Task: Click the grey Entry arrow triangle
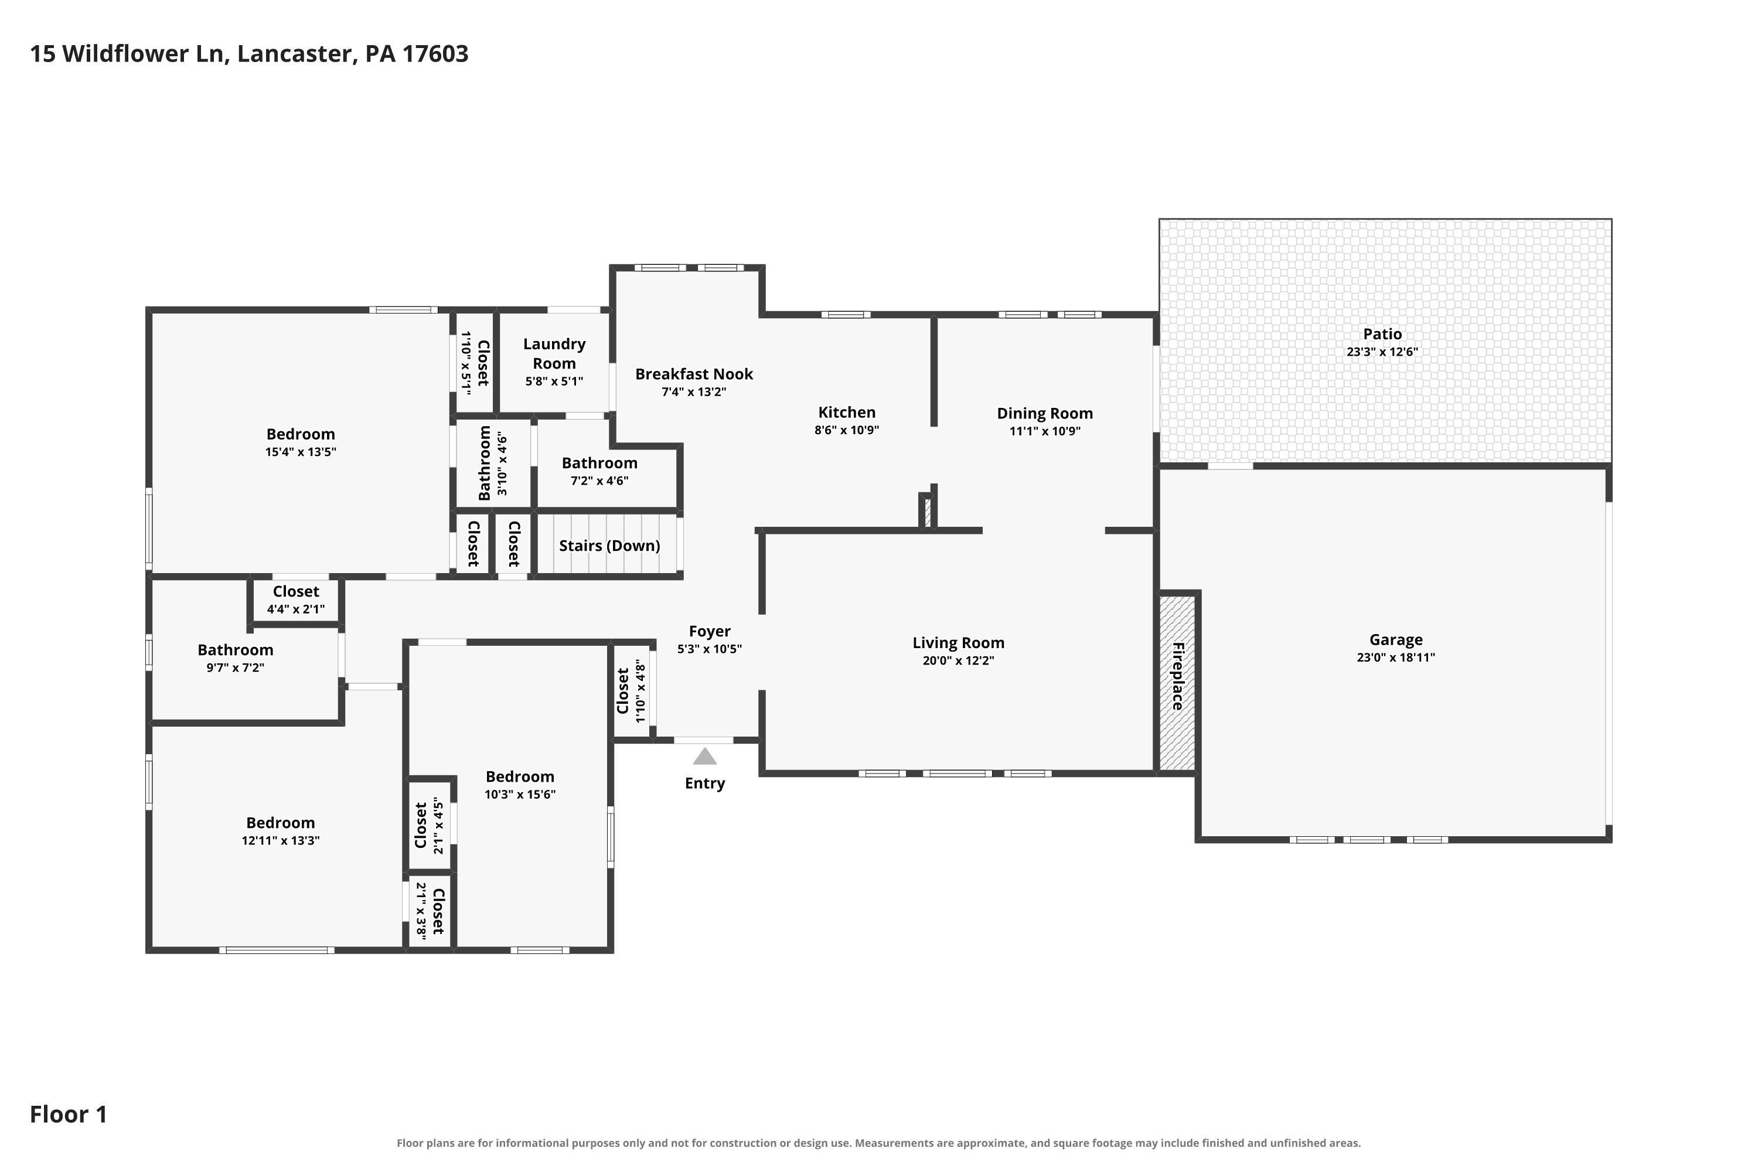[x=704, y=757]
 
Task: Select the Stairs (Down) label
[x=609, y=546]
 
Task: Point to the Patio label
[x=1382, y=334]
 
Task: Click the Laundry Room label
[x=554, y=353]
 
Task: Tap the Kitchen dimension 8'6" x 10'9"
[x=846, y=431]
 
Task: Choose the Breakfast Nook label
[x=694, y=374]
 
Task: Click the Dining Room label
[x=1044, y=413]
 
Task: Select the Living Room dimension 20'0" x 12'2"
[x=958, y=661]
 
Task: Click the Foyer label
[x=709, y=632]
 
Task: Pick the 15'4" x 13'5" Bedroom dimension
[x=301, y=452]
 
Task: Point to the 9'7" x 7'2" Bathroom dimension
[x=236, y=668]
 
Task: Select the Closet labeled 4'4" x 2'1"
[x=296, y=600]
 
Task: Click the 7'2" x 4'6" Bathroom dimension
[x=599, y=481]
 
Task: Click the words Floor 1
[x=69, y=1115]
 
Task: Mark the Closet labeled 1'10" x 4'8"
[x=631, y=691]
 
